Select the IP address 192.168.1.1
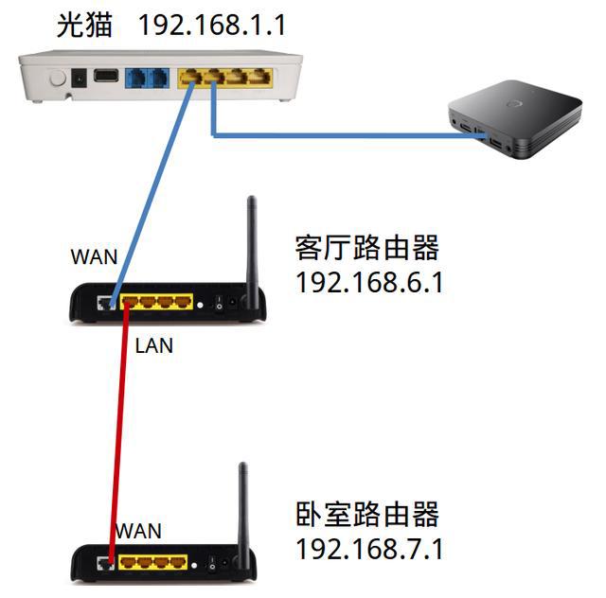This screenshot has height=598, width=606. (x=211, y=25)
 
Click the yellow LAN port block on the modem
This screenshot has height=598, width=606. (x=224, y=78)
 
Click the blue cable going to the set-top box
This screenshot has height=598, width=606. (x=341, y=135)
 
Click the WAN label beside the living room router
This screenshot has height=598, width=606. (x=95, y=256)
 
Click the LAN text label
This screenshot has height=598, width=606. (x=154, y=346)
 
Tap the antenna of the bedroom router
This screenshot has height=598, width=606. (x=243, y=506)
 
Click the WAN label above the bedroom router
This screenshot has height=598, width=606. (x=138, y=531)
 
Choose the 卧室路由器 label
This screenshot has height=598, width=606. (x=367, y=516)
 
